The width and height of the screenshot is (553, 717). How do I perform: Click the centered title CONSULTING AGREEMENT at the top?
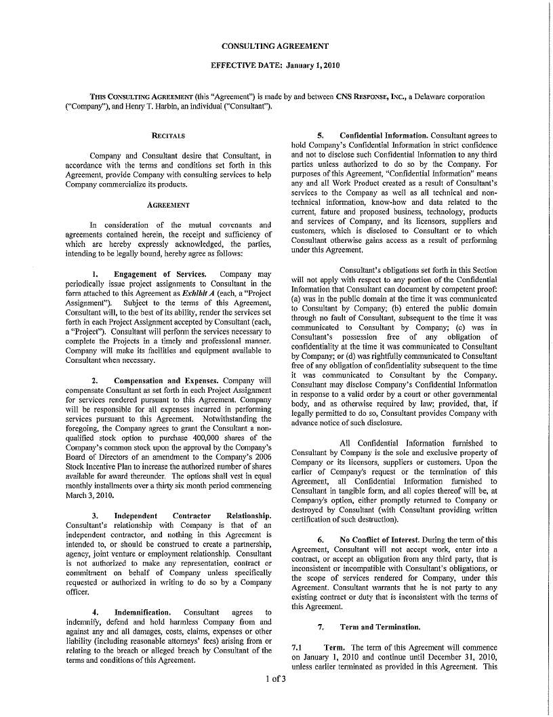coord(276,46)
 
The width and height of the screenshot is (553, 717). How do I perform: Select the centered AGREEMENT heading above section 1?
coord(168,205)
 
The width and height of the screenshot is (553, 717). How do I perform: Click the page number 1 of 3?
coord(276,678)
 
